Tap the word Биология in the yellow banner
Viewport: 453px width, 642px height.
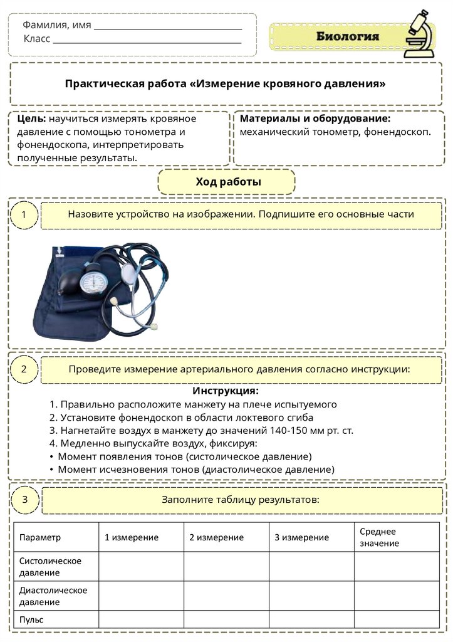347,36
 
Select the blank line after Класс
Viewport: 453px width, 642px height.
147,39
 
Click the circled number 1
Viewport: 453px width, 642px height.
24,216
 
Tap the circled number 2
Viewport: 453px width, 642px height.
24,369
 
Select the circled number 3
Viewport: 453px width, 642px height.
24,500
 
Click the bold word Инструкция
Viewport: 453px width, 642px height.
225,391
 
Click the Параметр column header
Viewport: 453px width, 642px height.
40,537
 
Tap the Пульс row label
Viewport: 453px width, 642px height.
31,619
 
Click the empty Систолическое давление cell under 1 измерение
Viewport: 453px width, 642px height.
141,566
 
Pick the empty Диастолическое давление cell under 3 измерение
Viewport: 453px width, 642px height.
311,596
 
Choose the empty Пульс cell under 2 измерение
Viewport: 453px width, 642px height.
226,619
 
